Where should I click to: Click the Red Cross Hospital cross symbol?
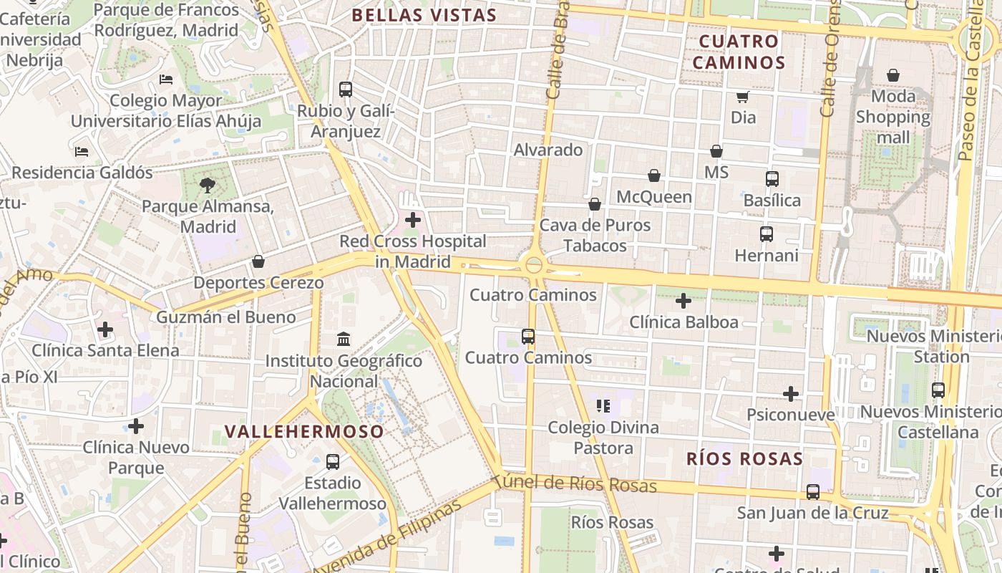[413, 220]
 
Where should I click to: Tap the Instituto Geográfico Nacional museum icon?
[343, 339]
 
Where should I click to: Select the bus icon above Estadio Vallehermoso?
[333, 462]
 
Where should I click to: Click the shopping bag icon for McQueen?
[653, 175]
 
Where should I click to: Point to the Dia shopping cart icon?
[743, 97]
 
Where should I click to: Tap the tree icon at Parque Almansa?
[208, 186]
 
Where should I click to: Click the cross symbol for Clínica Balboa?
[684, 301]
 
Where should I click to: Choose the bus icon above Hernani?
[767, 233]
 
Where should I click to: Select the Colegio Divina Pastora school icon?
[603, 407]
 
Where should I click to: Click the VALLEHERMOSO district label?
[304, 431]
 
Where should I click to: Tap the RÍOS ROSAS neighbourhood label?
[744, 458]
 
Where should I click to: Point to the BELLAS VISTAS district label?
[424, 15]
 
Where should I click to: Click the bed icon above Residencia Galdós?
[82, 152]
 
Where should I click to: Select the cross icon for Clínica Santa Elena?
[105, 329]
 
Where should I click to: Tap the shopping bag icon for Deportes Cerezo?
[258, 261]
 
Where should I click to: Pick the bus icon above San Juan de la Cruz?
[813, 492]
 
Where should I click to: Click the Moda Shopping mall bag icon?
[893, 75]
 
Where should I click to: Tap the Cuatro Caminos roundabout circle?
[534, 266]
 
